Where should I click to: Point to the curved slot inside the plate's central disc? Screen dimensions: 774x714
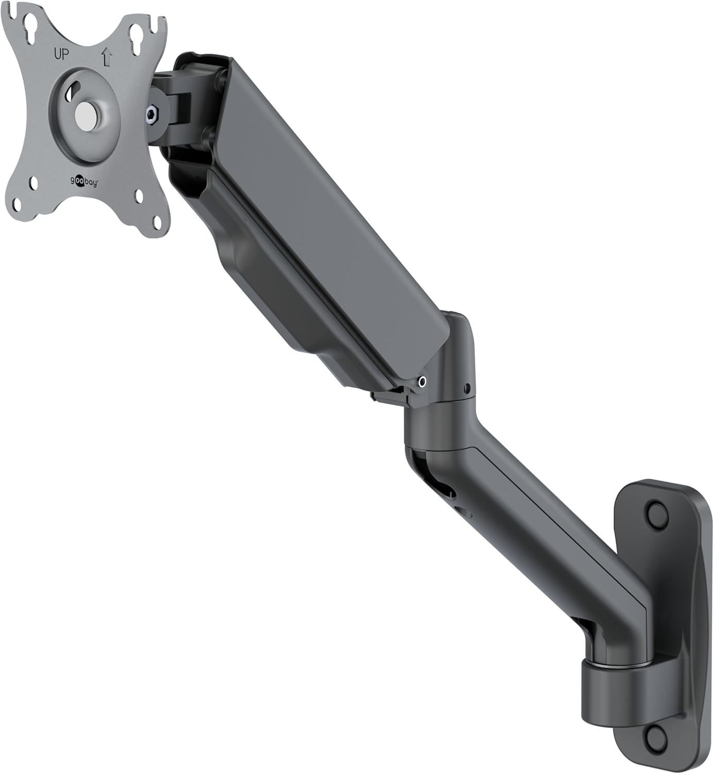[x=71, y=91]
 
